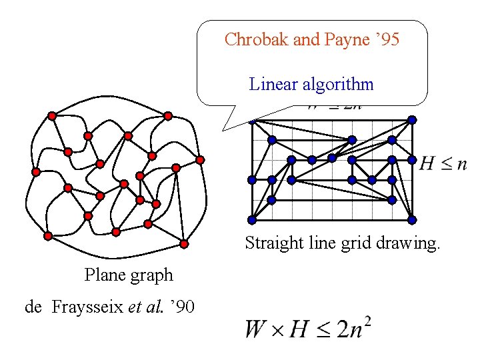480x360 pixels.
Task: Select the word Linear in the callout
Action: pos(273,85)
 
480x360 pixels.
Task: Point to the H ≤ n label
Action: pos(443,163)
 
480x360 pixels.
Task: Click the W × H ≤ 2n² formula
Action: pos(307,329)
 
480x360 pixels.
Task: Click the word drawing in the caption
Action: pos(411,243)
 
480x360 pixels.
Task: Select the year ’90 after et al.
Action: pos(183,307)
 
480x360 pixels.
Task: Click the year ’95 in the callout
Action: pos(387,40)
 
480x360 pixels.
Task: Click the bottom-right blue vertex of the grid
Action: pos(412,220)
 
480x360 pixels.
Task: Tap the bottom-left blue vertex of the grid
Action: pos(252,220)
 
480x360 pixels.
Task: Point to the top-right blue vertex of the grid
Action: pos(412,120)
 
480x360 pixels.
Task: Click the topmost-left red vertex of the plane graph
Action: pos(53,116)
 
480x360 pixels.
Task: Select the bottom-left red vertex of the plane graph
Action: pos(48,236)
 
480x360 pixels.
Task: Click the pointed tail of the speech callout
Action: pos(224,128)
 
